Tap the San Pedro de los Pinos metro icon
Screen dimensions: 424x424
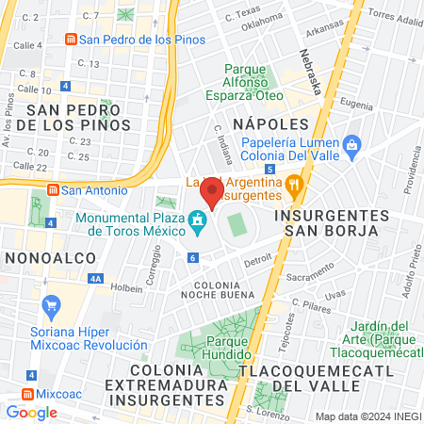tap(69, 39)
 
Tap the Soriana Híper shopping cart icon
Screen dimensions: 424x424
tap(51, 305)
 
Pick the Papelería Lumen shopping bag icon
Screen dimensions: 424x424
tap(352, 144)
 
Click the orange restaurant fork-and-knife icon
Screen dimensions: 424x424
tap(295, 184)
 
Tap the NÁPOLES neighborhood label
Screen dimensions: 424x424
tap(271, 123)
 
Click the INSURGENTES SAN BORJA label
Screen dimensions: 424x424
tap(326, 221)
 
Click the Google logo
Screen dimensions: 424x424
tap(31, 412)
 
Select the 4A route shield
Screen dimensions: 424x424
tap(95, 279)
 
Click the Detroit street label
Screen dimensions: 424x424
tap(258, 260)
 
